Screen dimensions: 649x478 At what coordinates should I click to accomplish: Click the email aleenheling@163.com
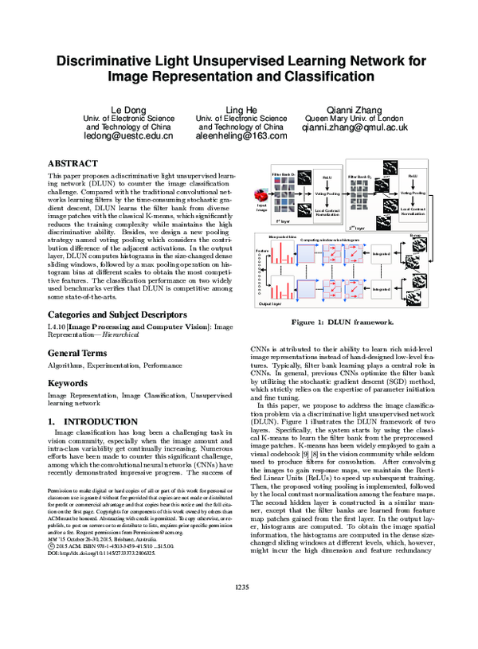240,136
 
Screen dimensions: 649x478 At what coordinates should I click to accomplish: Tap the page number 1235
240,631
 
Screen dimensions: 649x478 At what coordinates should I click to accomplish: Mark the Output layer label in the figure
269,326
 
